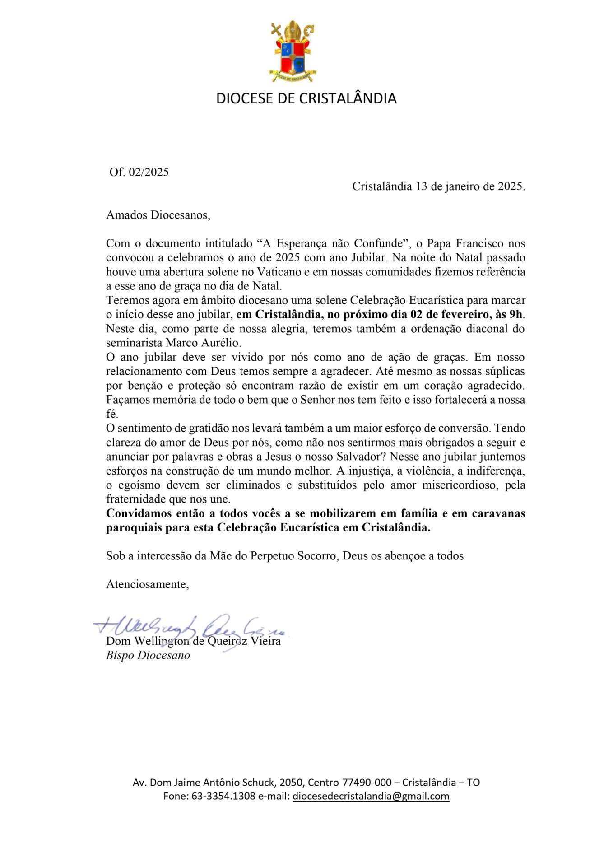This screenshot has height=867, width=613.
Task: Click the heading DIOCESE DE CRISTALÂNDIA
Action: (x=306, y=98)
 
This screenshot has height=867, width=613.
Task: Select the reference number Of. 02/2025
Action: (x=139, y=172)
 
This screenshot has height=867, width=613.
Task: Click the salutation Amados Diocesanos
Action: (x=158, y=215)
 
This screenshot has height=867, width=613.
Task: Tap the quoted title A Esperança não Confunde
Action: (x=332, y=243)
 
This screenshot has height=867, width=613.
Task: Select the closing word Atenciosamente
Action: (x=147, y=584)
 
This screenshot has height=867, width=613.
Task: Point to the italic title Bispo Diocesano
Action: (x=148, y=655)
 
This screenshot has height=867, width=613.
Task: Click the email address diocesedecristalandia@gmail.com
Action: (x=371, y=796)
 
